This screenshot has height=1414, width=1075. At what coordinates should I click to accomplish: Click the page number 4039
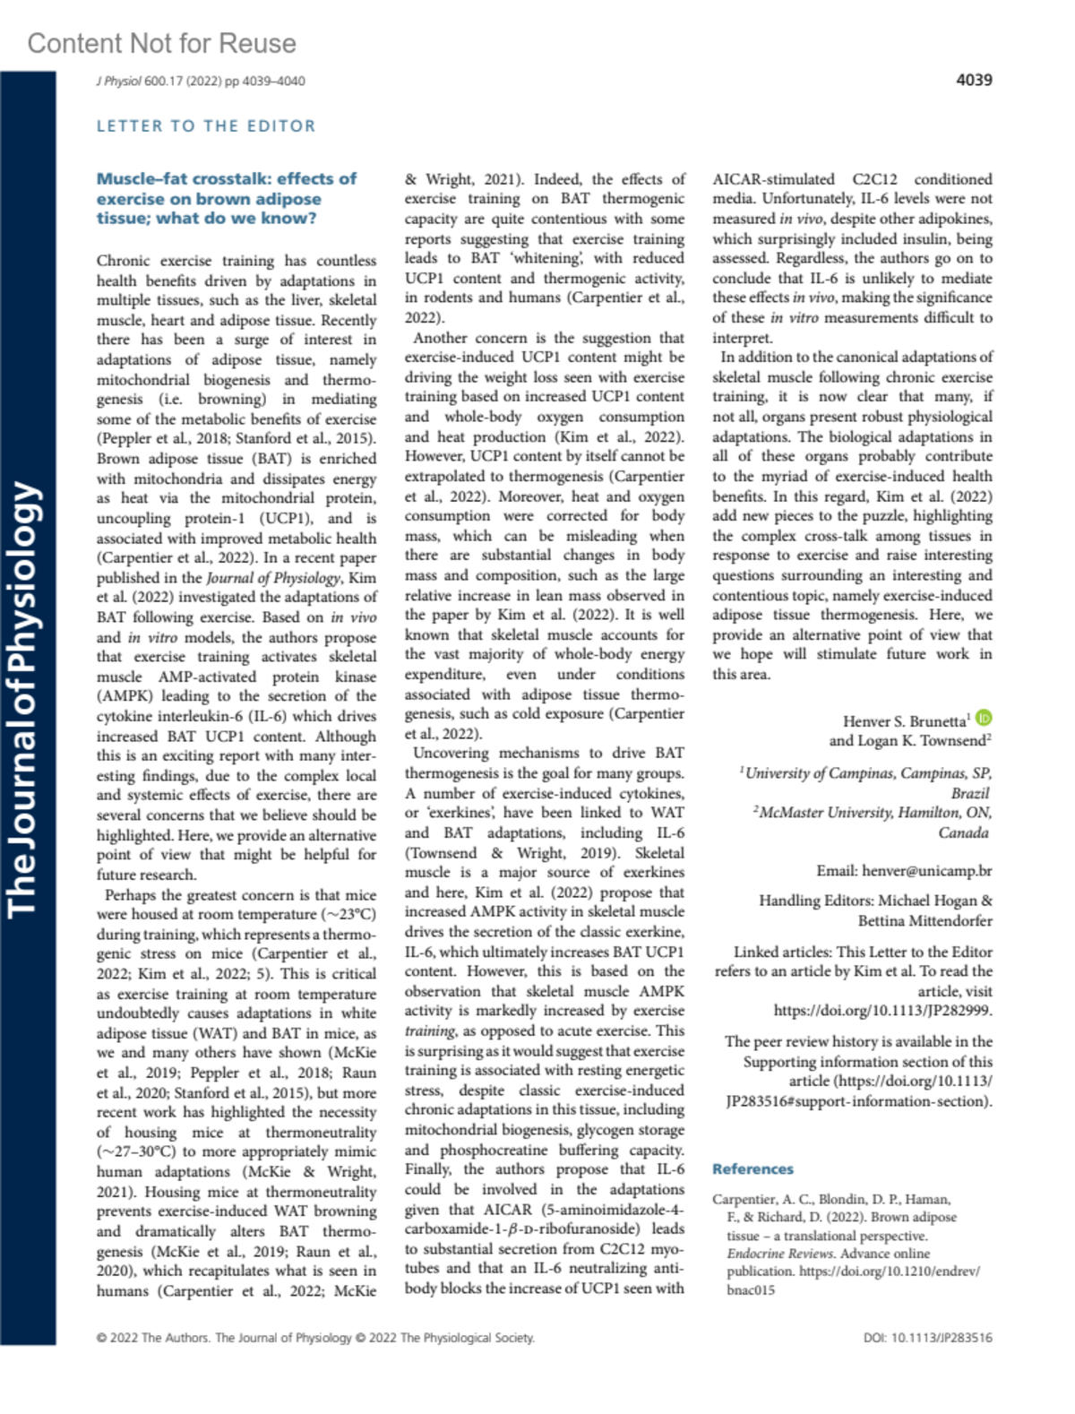tap(974, 80)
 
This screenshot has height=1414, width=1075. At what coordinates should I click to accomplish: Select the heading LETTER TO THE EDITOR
tap(206, 126)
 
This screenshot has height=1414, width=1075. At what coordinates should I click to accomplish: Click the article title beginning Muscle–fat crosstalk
tap(226, 198)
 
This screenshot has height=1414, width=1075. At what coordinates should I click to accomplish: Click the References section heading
tap(752, 1168)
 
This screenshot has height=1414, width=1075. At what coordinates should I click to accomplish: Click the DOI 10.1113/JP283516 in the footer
tap(927, 1338)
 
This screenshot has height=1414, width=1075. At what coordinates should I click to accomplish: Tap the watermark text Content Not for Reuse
tap(161, 43)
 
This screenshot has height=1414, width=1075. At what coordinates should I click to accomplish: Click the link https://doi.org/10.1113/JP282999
tap(882, 1011)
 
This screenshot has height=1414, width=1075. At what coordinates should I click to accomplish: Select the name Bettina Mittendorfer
tap(924, 920)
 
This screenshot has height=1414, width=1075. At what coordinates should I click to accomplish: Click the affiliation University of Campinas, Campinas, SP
tap(867, 772)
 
